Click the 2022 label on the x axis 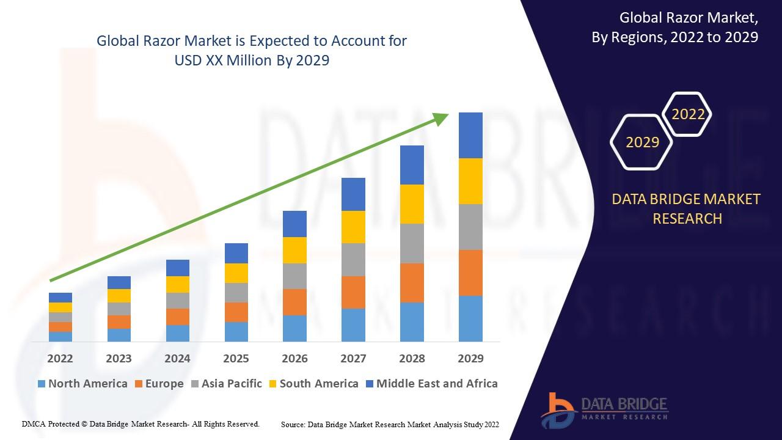click(x=60, y=358)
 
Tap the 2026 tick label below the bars click(x=294, y=358)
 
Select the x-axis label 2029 click(x=470, y=358)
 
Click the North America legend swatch click(x=42, y=384)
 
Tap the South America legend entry click(x=318, y=384)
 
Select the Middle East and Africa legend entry click(x=436, y=384)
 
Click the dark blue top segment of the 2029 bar click(x=470, y=135)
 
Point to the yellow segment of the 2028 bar click(x=412, y=204)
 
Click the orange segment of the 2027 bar click(x=353, y=292)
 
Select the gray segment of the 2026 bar click(x=294, y=276)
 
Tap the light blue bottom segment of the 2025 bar click(x=236, y=331)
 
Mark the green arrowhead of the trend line click(x=441, y=118)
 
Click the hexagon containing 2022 click(x=688, y=114)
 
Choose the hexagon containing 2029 click(x=642, y=142)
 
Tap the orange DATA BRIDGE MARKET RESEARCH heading click(x=687, y=208)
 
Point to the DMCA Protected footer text click(x=141, y=424)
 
